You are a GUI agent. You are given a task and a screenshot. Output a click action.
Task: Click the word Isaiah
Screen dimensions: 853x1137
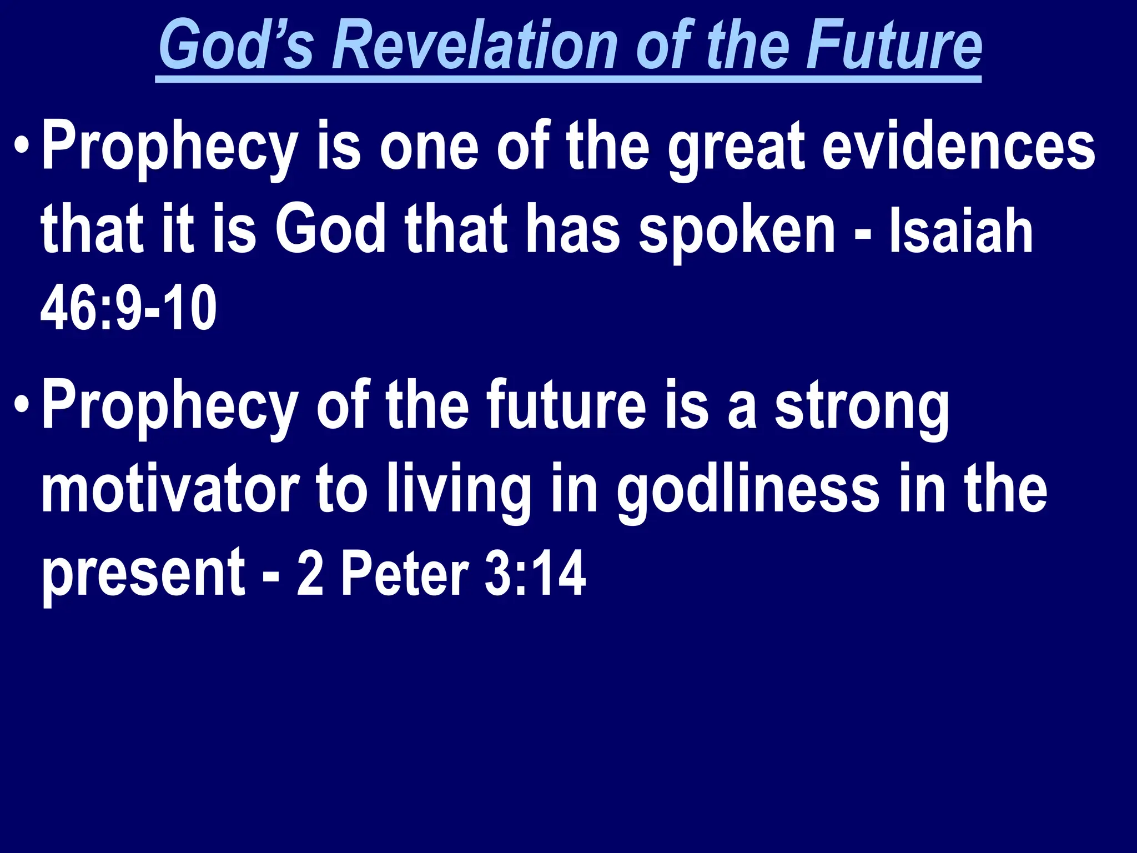tap(960, 231)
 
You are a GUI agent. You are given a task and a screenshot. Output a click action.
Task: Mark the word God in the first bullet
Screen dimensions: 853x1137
tap(330, 230)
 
